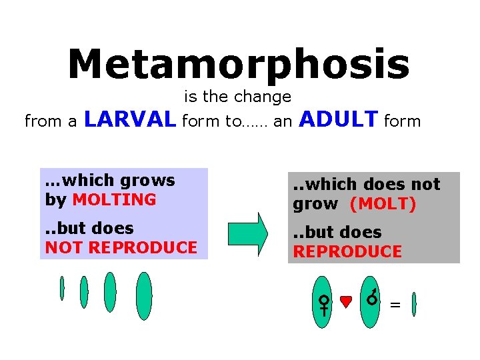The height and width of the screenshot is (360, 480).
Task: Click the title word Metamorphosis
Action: point(239,65)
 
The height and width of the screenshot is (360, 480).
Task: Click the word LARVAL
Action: point(131,120)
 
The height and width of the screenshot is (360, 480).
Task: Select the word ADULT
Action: point(339,120)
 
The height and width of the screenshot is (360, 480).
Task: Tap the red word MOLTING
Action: point(114,199)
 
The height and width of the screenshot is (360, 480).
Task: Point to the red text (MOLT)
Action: point(383,204)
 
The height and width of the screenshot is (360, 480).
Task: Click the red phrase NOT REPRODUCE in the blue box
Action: point(121,247)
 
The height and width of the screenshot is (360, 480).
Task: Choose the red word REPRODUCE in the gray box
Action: point(347,252)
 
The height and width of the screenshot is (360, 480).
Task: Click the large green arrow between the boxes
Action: point(247,231)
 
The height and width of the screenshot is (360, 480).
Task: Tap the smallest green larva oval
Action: point(62,288)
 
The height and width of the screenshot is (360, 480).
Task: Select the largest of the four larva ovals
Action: point(144,296)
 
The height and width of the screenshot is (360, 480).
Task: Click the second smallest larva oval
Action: point(84,291)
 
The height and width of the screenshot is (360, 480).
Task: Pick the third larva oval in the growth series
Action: point(110,293)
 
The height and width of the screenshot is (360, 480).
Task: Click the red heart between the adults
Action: point(345,302)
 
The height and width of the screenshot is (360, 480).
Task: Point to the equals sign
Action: point(395,305)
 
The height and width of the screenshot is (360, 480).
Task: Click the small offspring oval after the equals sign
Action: point(414,304)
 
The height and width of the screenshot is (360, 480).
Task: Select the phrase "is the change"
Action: point(237,97)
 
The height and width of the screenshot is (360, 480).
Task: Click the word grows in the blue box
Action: point(145,180)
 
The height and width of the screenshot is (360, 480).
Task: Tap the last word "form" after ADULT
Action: point(403,121)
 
